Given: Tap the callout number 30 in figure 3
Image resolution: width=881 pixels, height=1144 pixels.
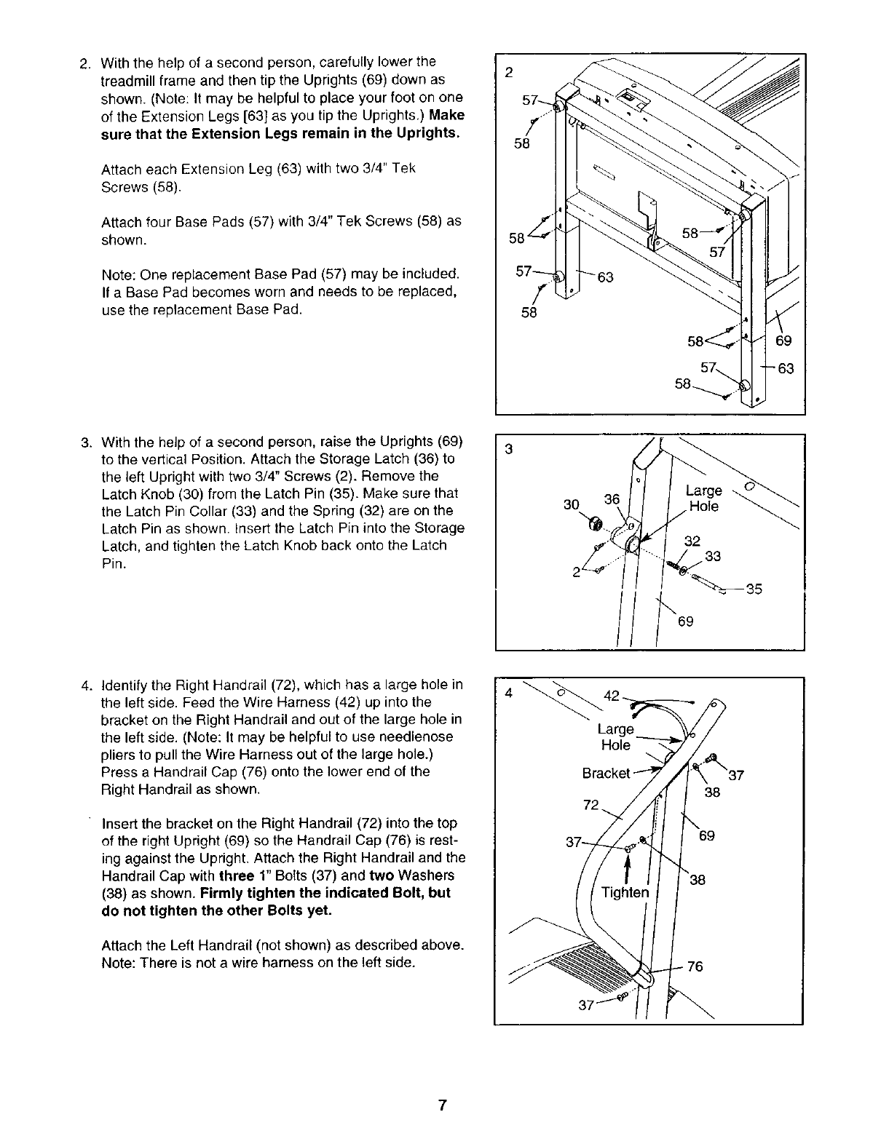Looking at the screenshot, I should [573, 504].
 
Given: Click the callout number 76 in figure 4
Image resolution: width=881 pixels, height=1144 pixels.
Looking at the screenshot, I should [695, 966].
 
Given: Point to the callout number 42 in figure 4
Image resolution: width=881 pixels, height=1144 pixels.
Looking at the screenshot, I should [612, 696].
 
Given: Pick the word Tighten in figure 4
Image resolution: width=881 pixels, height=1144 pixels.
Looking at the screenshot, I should [624, 892].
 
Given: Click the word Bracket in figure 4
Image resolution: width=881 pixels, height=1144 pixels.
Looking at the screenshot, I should [606, 773].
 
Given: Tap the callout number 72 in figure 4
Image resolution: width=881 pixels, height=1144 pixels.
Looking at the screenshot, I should [591, 805].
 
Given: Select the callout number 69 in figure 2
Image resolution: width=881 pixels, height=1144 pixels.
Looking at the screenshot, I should [783, 342].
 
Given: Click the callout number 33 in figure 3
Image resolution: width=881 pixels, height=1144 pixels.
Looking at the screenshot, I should [713, 557].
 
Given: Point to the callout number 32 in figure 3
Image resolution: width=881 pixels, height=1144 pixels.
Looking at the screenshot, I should [692, 541].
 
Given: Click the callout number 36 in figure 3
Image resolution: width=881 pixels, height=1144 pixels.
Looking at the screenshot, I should [612, 499].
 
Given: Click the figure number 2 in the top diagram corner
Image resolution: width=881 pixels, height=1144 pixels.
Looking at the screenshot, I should [509, 72].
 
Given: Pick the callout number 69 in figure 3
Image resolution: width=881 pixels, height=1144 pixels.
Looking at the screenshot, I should [685, 621].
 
